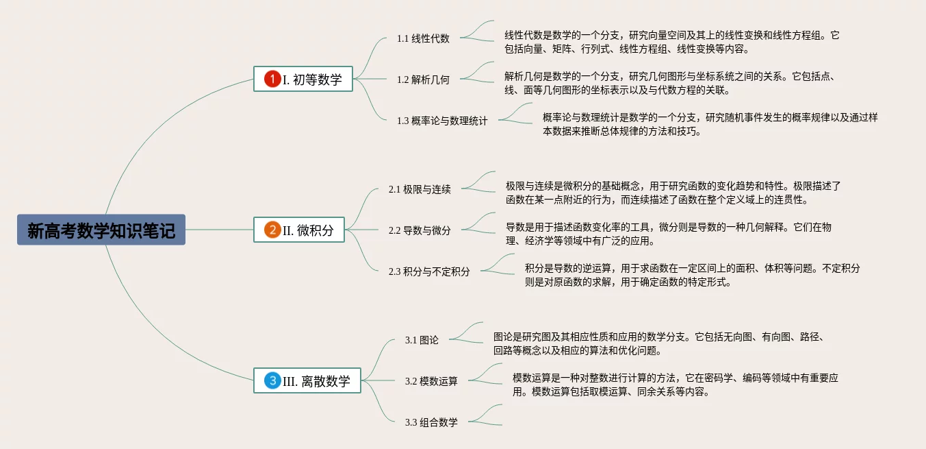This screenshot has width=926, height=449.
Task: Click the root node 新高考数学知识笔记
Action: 101,230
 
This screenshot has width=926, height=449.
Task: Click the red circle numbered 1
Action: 272,80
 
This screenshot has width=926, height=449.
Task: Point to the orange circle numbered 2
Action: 272,230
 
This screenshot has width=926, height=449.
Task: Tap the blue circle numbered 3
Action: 272,381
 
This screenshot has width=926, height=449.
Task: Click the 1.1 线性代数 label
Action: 423,38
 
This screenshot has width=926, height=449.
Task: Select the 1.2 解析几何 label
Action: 423,80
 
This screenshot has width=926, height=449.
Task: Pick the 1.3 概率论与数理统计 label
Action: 442,121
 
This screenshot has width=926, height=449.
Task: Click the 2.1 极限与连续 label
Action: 420,189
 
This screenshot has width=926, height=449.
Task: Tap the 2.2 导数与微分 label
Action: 420,230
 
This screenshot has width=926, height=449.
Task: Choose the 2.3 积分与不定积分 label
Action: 429,271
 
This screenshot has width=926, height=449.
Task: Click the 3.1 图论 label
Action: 422,340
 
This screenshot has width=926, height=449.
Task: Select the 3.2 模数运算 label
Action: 431,381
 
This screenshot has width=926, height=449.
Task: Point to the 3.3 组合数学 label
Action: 431,422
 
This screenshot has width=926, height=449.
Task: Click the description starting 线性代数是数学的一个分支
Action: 671,42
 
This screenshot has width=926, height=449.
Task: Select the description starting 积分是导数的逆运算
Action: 692,275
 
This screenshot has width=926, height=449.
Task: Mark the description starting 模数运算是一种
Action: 675,385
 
